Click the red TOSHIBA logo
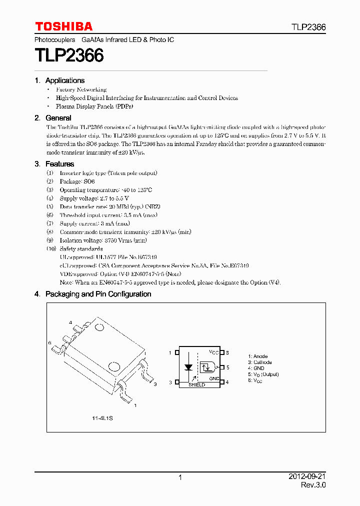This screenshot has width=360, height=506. point(63,26)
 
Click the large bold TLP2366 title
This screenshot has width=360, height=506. point(69,55)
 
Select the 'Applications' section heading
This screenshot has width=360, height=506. point(64,80)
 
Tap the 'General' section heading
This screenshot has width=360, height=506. point(58,118)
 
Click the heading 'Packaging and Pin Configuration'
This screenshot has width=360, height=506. point(98,294)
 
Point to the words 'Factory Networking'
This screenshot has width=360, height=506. point(81,89)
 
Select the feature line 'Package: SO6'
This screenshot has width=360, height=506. point(77,181)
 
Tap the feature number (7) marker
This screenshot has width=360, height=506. point(50,223)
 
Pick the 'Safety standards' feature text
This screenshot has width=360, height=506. point(81,248)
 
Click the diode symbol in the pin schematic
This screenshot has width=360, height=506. point(188,367)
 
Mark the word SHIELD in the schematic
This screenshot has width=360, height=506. point(196,385)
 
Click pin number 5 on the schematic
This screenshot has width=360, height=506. point(227,367)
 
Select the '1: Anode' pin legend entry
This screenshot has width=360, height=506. point(257,356)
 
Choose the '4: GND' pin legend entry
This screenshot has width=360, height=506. point(256,368)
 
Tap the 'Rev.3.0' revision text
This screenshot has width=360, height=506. point(313,485)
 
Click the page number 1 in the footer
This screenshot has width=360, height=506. point(180,477)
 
